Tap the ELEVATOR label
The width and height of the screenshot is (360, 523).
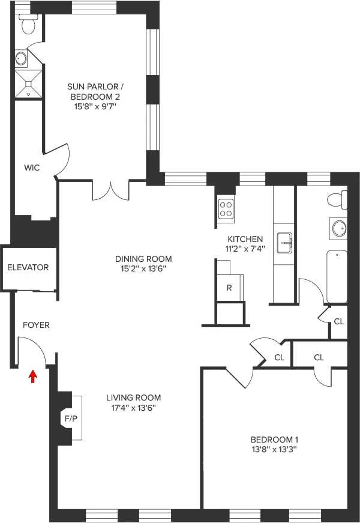click(28, 267)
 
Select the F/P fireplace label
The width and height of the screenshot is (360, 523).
click(70, 417)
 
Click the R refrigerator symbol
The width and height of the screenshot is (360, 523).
click(229, 287)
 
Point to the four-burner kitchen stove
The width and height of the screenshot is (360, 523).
click(226, 208)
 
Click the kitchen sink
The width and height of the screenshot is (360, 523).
click(284, 244)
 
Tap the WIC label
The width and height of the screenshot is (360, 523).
click(32, 168)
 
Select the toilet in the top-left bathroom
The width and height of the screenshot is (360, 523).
click(27, 24)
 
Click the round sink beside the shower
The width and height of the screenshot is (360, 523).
click(21, 58)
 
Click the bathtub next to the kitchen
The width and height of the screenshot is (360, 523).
click(337, 277)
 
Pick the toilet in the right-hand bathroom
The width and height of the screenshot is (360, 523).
click(338, 199)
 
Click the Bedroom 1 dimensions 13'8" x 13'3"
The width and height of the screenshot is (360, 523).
click(274, 449)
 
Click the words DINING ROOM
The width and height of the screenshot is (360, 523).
click(139, 259)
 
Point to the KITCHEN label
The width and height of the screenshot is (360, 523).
click(244, 239)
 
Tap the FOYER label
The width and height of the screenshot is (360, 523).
click(36, 325)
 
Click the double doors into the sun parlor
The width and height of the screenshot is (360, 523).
click(110, 190)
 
